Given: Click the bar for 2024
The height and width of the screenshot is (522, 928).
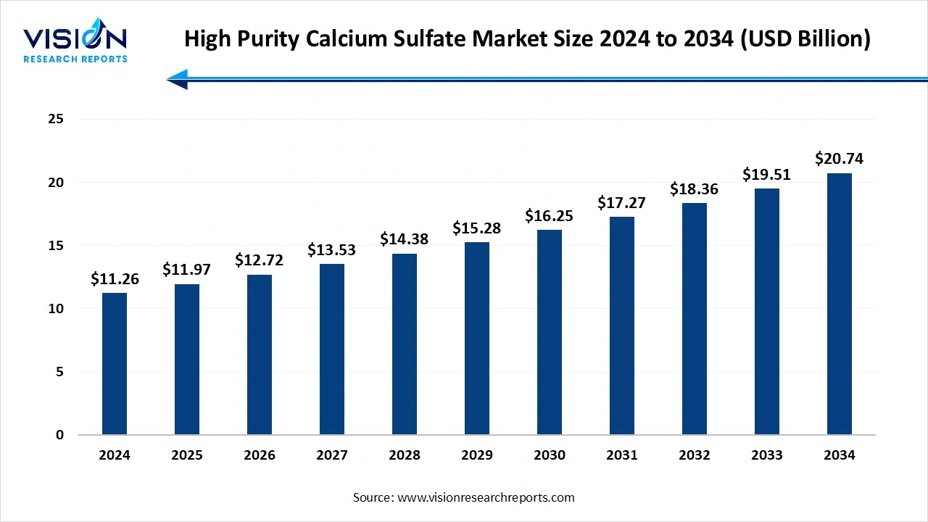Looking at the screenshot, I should [115, 364].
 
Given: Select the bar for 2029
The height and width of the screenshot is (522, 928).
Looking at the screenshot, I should [477, 339].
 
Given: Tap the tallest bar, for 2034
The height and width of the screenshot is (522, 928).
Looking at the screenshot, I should [840, 304].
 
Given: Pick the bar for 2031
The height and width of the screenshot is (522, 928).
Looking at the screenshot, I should [622, 326].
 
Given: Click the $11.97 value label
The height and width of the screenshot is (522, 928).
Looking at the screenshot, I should [187, 270].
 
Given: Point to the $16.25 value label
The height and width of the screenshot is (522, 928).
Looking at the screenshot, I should [550, 215].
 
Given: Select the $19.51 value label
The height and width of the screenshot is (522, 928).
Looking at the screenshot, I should [767, 174].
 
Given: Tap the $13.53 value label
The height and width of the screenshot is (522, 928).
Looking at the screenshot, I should [332, 250].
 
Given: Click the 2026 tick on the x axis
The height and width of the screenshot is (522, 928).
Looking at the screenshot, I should [260, 455].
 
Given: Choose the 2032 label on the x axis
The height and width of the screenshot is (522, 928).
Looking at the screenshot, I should [695, 455].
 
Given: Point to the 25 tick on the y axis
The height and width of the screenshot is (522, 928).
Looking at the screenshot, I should [57, 119].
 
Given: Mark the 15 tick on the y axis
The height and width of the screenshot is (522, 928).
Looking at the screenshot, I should [57, 246].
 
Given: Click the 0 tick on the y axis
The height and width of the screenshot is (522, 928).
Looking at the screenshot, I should [60, 435].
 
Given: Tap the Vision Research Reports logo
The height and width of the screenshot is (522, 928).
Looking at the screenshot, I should [75, 43].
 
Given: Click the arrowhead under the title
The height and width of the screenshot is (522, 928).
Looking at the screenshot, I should [178, 80].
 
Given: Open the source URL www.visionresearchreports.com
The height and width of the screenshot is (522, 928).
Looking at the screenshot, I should [486, 497].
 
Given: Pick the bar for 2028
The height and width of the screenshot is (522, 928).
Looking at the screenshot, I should [405, 344].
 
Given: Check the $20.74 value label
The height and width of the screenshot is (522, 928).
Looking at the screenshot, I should [840, 158].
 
